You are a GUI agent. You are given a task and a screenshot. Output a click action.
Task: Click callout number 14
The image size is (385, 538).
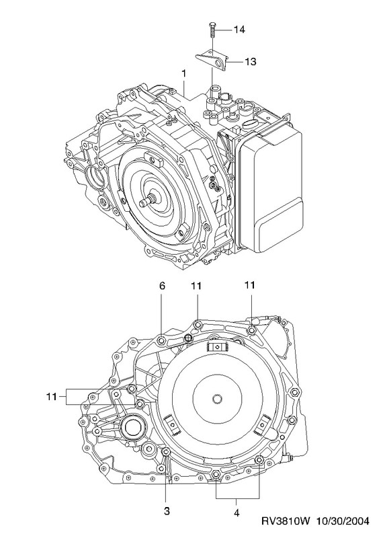tap(239, 30)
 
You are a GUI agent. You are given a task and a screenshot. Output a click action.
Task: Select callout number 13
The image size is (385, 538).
tap(251, 62)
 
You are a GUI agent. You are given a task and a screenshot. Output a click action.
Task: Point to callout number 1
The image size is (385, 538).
tap(183, 73)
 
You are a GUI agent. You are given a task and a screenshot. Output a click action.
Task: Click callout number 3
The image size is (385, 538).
tap(167, 511)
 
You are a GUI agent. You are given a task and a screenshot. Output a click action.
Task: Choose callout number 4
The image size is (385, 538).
tap(237, 513)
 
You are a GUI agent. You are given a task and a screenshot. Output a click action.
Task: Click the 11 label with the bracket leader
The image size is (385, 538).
tap(51, 397)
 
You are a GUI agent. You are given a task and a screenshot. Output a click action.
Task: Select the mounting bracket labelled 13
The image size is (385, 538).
tap(212, 60)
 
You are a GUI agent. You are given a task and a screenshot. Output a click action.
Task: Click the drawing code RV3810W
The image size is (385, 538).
tap(286, 521)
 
